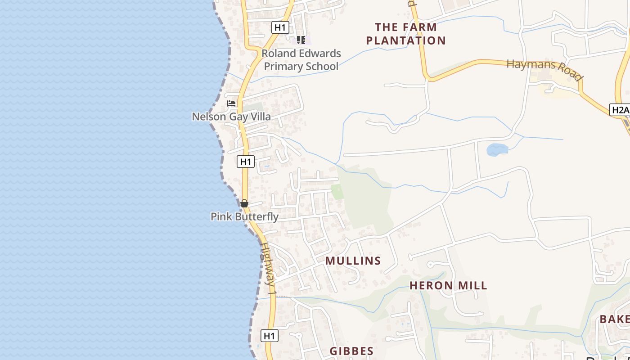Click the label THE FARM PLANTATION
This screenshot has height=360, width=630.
click(406, 34)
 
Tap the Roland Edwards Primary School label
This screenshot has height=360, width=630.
click(301, 60)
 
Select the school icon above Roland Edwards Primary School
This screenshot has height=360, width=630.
click(301, 40)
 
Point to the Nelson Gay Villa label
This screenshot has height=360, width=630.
click(231, 117)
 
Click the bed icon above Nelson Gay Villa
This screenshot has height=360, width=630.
click(231, 103)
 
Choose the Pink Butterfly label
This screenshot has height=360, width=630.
click(244, 216)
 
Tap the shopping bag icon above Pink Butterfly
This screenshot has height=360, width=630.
click(244, 203)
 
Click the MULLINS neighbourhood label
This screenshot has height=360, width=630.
click(353, 261)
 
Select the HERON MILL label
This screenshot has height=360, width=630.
click(448, 285)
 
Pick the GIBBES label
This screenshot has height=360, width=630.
click(351, 351)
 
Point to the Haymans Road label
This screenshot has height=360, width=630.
click(545, 70)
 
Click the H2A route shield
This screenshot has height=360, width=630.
click(620, 110)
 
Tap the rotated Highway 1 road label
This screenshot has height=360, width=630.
click(269, 269)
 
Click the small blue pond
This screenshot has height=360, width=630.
click(497, 149)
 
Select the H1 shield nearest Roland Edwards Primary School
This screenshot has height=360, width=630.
click(280, 27)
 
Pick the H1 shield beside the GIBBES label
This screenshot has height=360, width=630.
click(269, 336)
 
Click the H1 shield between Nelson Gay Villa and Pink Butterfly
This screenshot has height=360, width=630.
click(246, 162)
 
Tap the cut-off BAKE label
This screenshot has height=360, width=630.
click(615, 319)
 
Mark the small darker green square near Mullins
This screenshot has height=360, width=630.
click(337, 192)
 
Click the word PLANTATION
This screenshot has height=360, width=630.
click(406, 40)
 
